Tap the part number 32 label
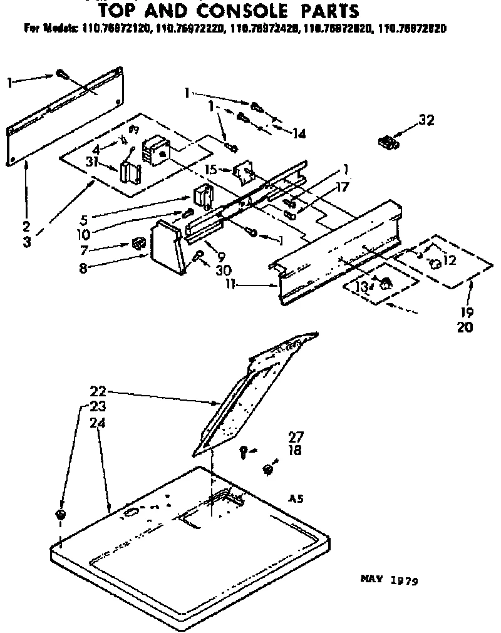coord(426,121)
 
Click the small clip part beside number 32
coord(388,142)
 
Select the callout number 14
coord(299,133)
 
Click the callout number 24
coord(97,423)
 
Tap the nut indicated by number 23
coord(61,515)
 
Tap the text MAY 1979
coord(389,580)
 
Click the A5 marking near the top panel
coord(296,499)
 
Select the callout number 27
coord(296,436)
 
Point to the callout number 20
coord(465,326)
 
